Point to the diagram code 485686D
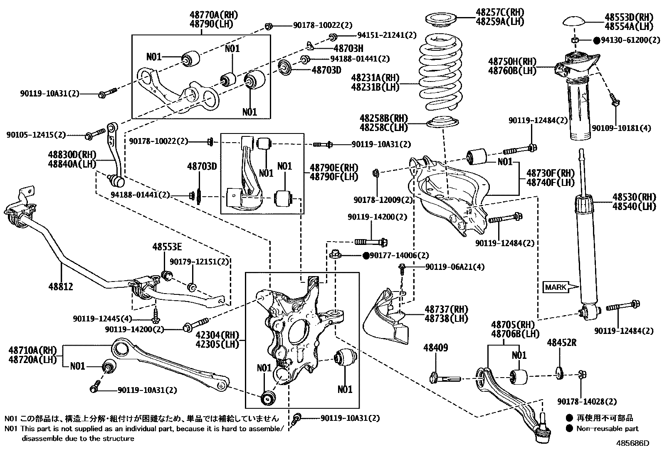click(x=632, y=443)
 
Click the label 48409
click(x=436, y=348)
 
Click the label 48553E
click(x=167, y=247)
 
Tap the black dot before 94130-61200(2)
click(x=597, y=40)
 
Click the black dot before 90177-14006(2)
click(x=366, y=256)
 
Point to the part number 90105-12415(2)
click(x=36, y=135)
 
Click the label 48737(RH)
click(x=446, y=309)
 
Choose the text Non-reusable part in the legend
click(x=607, y=428)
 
